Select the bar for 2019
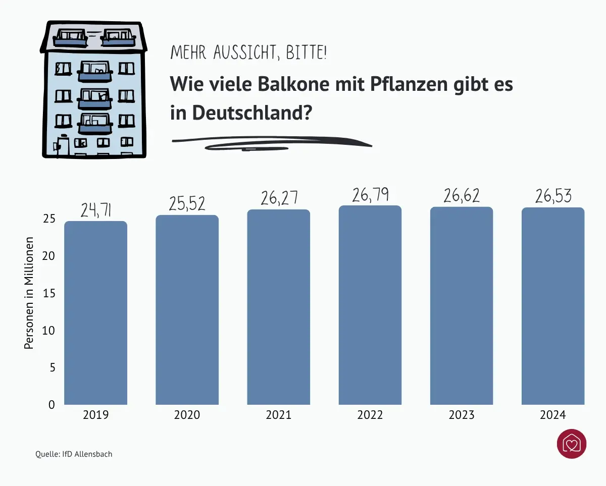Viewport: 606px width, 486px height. (x=95, y=313)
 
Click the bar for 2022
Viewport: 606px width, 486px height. (x=370, y=305)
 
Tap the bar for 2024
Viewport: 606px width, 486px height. (x=552, y=306)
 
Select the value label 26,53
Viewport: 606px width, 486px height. (x=553, y=196)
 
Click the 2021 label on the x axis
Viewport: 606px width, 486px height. (x=278, y=415)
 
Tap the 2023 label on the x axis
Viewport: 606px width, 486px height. (x=461, y=415)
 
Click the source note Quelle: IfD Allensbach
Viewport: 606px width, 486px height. (x=74, y=454)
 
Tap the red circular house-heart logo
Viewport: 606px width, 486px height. (x=571, y=445)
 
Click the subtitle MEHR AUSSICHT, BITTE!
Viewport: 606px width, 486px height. (x=248, y=52)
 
